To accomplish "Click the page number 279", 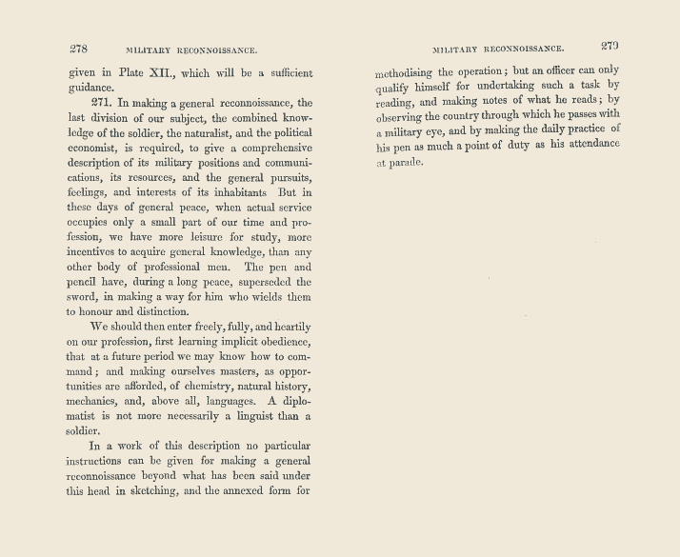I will point(610,45).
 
